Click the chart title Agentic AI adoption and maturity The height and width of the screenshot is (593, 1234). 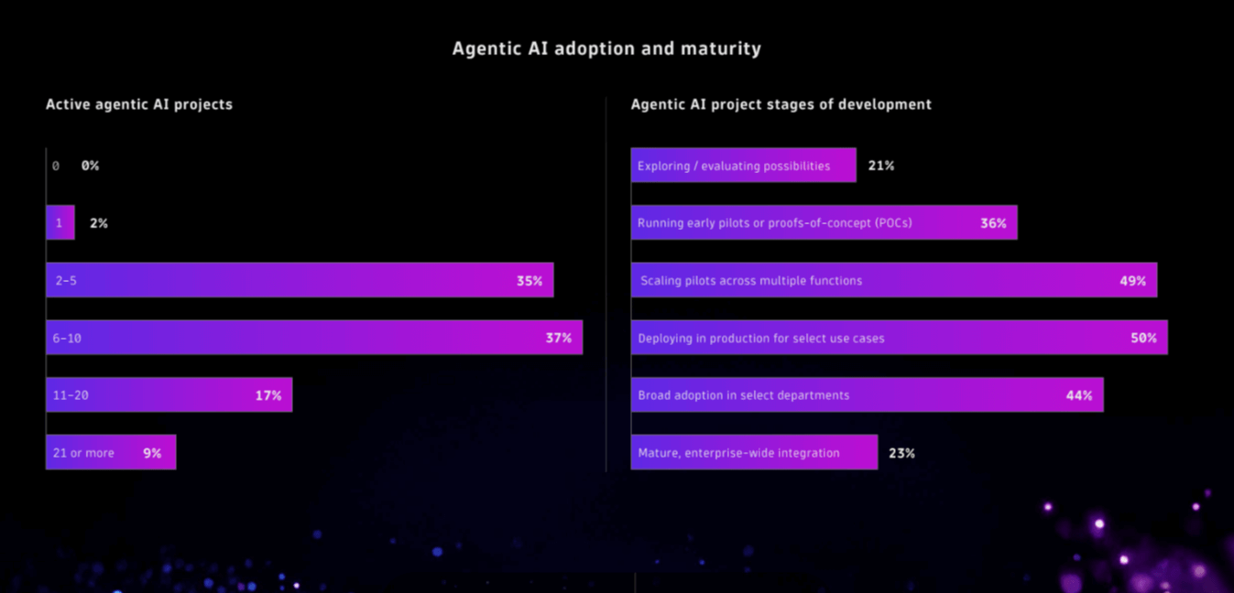(x=606, y=49)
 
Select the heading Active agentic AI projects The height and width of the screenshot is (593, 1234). (x=139, y=104)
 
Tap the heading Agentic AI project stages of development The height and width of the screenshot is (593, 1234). (x=781, y=104)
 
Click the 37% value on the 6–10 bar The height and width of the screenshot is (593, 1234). (x=558, y=338)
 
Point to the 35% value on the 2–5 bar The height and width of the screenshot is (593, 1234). (x=529, y=281)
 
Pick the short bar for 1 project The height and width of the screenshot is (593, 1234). (x=60, y=223)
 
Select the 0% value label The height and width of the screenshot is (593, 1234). (x=90, y=166)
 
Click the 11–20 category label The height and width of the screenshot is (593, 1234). (x=71, y=395)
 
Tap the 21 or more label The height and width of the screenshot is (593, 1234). (x=83, y=453)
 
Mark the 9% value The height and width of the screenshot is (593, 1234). (x=152, y=453)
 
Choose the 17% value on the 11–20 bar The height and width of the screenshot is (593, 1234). (x=268, y=395)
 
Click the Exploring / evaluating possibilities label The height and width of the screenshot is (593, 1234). (x=734, y=166)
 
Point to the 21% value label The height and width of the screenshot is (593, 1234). (x=881, y=166)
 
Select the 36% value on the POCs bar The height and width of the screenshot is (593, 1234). (x=993, y=223)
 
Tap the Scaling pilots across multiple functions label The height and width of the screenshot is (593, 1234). (x=751, y=281)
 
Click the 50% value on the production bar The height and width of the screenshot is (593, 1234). (x=1143, y=338)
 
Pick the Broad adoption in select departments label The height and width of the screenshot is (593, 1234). (x=744, y=395)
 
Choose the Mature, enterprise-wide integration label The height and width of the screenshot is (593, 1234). (x=738, y=453)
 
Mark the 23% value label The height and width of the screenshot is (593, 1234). (x=901, y=453)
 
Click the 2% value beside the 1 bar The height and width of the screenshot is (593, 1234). (x=99, y=223)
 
